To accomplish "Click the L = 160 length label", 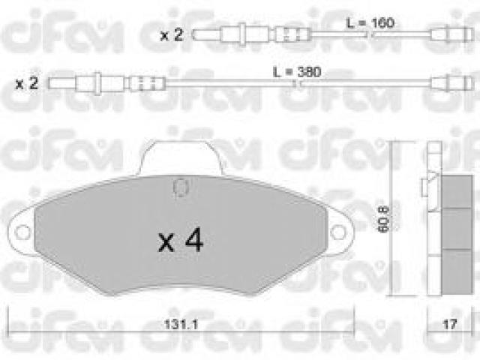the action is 370,23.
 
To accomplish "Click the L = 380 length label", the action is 297,72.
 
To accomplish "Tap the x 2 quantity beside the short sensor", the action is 172,35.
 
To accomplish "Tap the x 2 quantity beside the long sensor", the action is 27,83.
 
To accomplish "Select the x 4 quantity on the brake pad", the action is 181,240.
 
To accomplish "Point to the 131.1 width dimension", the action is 181,324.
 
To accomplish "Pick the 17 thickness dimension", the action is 450,324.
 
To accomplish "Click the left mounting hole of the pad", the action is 22,232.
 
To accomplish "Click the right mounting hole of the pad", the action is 338,232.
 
